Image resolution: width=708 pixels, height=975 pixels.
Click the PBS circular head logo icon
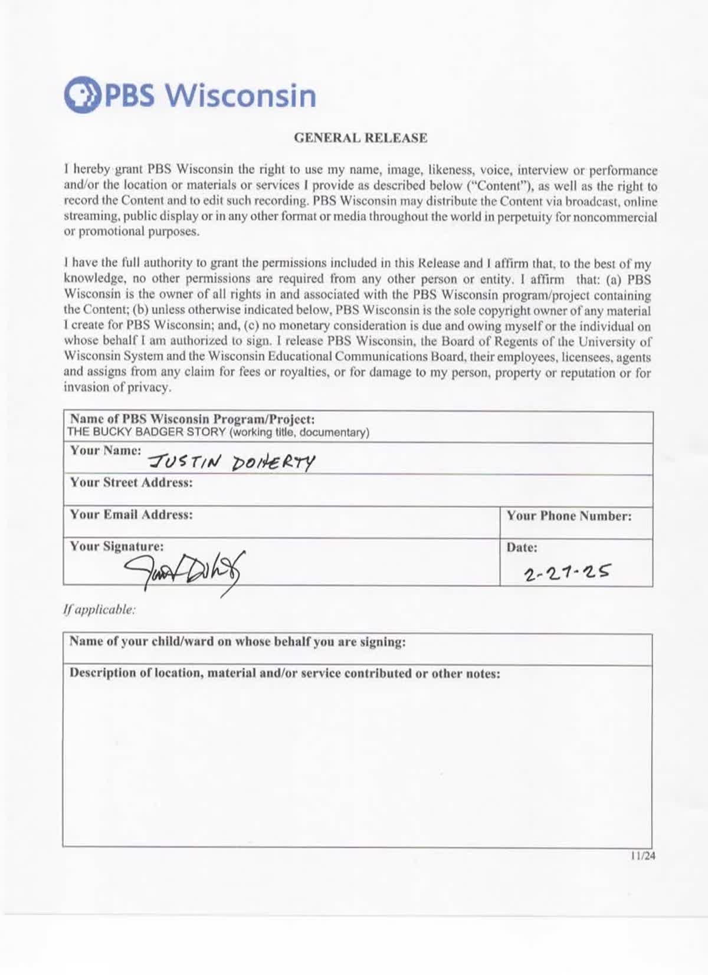(82, 94)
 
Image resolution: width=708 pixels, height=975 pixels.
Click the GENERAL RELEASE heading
(360, 138)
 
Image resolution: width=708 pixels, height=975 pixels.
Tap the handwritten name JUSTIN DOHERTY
(231, 462)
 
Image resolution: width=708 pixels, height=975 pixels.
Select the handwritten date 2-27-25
(566, 572)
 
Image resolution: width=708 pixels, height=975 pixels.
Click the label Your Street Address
(131, 482)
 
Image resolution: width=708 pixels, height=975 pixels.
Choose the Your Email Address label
(131, 514)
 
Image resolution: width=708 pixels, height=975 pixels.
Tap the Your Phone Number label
(569, 516)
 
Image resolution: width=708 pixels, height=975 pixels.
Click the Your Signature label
(117, 546)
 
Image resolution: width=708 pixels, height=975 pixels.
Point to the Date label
(522, 547)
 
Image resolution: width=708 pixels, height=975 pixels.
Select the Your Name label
(106, 451)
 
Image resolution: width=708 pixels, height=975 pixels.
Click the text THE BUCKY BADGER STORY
(146, 432)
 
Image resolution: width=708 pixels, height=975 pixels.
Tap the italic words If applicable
(99, 610)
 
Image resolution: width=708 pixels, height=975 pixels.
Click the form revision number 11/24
(643, 856)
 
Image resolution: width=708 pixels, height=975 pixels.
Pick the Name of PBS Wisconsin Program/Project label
(192, 419)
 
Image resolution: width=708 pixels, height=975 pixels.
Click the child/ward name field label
(237, 642)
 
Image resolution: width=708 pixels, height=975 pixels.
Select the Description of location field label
(284, 673)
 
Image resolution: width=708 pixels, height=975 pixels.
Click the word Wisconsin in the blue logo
(241, 96)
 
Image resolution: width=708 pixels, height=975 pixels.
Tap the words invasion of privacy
(117, 388)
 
